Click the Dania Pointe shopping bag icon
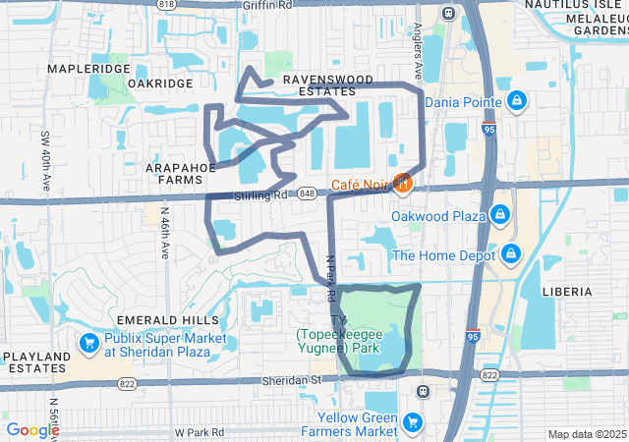click(517, 100)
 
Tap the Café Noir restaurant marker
click(402, 183)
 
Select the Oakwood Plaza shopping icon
click(499, 213)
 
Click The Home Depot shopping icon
click(510, 255)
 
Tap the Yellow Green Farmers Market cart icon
click(413, 423)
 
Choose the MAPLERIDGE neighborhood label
click(88, 70)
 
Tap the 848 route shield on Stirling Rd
click(308, 193)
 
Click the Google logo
click(32, 430)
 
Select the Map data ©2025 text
click(586, 434)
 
